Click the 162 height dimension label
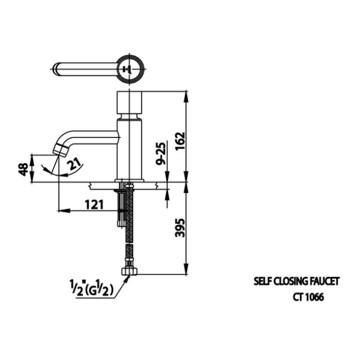(x=180, y=140)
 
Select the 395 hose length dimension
(x=180, y=228)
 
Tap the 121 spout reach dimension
(x=94, y=205)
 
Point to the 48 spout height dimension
(x=23, y=169)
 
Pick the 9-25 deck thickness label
(x=161, y=153)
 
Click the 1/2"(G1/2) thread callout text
(x=91, y=288)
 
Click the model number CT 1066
(x=308, y=297)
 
